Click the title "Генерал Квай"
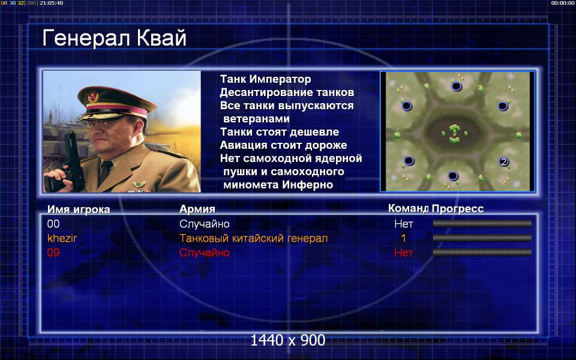click(x=114, y=38)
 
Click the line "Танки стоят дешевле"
click(x=279, y=132)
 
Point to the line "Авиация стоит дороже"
click(x=283, y=145)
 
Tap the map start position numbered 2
click(x=503, y=161)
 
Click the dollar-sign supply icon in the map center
click(x=454, y=131)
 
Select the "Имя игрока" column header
click(x=79, y=209)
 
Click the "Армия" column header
click(x=197, y=209)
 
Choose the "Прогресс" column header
click(x=457, y=209)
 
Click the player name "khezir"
click(x=62, y=238)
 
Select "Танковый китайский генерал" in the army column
click(x=253, y=238)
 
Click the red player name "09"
click(x=53, y=253)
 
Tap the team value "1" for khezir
click(x=403, y=238)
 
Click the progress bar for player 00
click(x=482, y=223)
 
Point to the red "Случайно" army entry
click(x=204, y=253)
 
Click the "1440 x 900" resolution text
click(x=287, y=340)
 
